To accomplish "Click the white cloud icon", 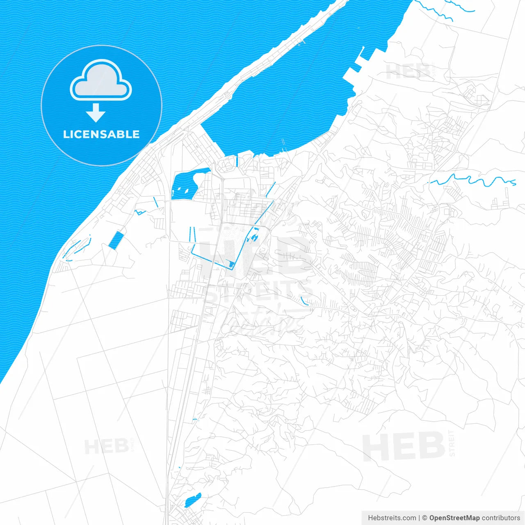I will coord(101,81).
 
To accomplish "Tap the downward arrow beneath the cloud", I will coord(96,113).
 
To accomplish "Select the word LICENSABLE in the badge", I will coord(101,134).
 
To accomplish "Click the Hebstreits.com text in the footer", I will coord(392,518).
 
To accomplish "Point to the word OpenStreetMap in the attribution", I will coord(454,518).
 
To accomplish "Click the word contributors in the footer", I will coord(501,518).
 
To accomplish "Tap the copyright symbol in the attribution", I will coord(425,518).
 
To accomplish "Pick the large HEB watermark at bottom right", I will coord(404,446).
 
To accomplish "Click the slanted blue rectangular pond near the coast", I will coord(116,240).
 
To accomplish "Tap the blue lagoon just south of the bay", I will coord(185,185).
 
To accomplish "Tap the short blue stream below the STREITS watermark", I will coord(304,301).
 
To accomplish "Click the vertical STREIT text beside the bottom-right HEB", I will coord(452,443).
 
